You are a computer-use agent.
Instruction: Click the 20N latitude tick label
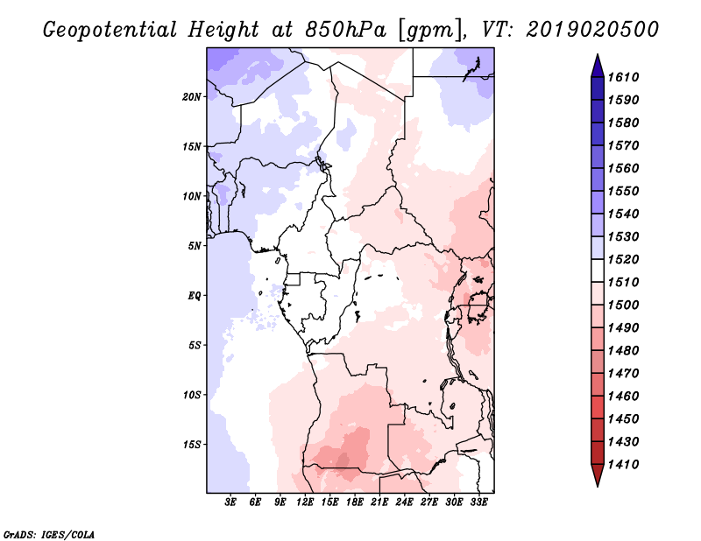click(x=192, y=96)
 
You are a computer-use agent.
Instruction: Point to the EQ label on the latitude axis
click(x=194, y=295)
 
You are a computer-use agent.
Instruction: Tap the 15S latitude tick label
click(x=192, y=444)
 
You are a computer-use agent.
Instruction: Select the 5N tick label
click(x=195, y=245)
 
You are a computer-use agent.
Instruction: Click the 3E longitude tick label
click(x=231, y=502)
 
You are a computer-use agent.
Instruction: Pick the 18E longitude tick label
click(x=356, y=502)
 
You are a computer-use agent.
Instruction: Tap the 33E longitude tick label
click(x=479, y=502)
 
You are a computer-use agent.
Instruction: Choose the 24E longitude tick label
click(x=405, y=502)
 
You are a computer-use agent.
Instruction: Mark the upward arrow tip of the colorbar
click(x=597, y=57)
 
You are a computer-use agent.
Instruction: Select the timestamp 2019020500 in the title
click(x=593, y=30)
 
